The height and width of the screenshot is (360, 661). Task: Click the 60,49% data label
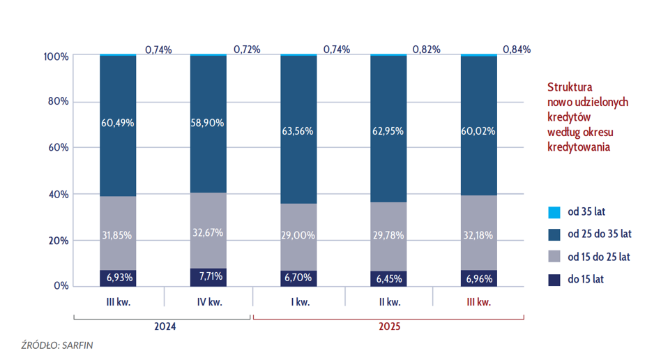point(118,123)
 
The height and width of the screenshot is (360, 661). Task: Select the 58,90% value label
point(208,123)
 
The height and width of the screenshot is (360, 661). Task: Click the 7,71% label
point(208,276)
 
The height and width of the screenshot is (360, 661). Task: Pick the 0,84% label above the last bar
point(516,50)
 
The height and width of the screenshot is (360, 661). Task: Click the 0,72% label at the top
point(247,50)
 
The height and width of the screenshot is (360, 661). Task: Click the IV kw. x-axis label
point(208,303)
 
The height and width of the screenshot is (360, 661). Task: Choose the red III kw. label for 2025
point(478,303)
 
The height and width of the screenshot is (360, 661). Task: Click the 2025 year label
point(388,326)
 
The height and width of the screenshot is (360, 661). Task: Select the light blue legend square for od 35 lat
point(554,212)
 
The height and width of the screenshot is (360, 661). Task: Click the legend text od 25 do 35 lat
point(599,234)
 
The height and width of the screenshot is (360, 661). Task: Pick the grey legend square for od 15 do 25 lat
point(554,257)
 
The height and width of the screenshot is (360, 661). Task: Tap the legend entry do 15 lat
point(585,279)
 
